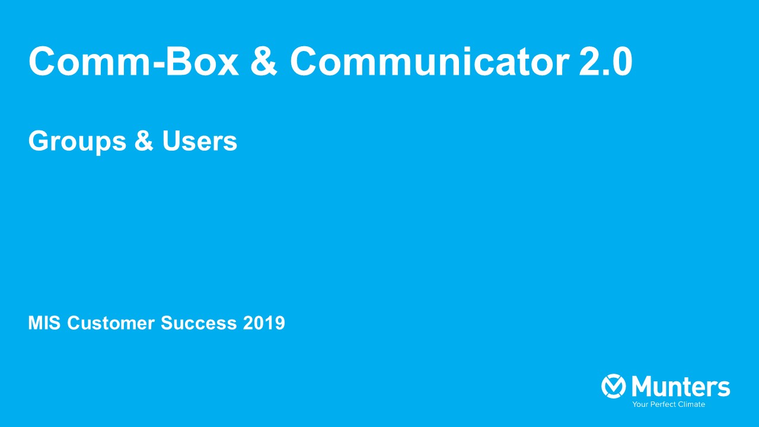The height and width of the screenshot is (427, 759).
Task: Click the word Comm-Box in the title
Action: click(x=134, y=61)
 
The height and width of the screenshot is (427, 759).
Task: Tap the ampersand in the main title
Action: click(x=264, y=61)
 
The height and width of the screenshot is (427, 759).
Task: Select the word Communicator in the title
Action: click(x=429, y=61)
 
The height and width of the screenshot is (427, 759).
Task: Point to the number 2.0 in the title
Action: click(x=605, y=61)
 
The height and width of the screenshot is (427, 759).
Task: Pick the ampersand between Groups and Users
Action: click(x=144, y=141)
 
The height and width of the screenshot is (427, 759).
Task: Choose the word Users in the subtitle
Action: click(x=200, y=141)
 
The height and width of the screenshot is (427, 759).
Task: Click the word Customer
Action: click(x=111, y=323)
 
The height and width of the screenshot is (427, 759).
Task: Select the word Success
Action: click(x=199, y=323)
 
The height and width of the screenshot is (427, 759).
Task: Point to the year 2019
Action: click(x=264, y=323)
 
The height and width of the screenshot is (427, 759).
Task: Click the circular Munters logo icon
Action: click(x=614, y=386)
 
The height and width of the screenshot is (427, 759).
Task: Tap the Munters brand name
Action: click(x=681, y=386)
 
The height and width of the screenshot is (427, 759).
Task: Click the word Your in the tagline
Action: click(x=639, y=404)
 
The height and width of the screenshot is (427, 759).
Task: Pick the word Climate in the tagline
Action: click(x=691, y=404)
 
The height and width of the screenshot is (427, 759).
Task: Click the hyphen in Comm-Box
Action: click(x=159, y=65)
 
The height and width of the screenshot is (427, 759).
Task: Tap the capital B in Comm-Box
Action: click(x=178, y=61)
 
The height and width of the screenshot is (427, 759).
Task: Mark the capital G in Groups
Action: click(x=40, y=141)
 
